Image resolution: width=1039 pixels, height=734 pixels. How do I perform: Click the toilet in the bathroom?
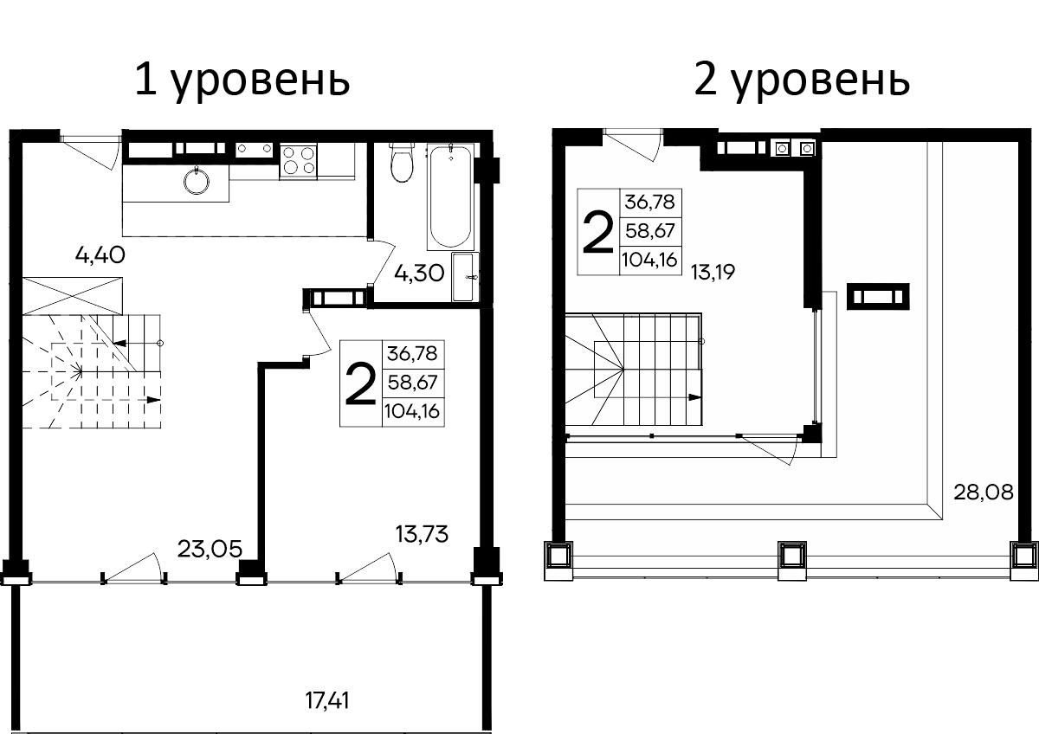(x=401, y=164)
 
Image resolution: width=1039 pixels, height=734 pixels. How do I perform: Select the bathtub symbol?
(x=451, y=197)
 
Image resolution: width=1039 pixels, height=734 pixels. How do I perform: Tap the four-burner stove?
(x=299, y=162)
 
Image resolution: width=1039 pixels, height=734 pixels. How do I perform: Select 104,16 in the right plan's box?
(x=651, y=259)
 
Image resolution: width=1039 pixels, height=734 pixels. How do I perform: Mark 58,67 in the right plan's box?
(x=651, y=231)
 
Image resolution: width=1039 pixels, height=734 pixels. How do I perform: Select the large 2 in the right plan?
(x=596, y=232)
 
